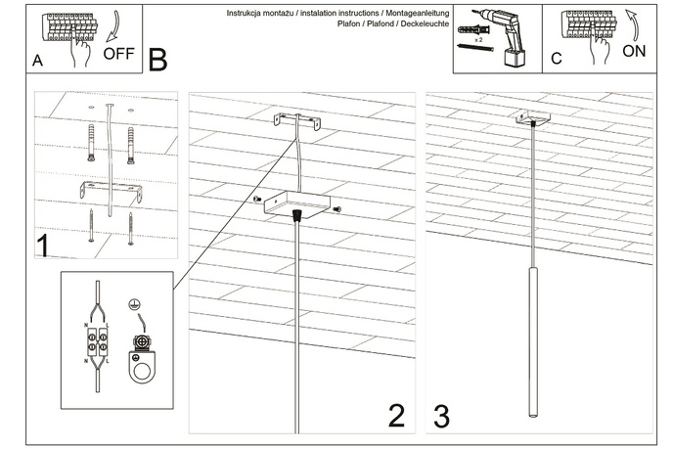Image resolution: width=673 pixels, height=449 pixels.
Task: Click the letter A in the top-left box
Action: click(x=37, y=60)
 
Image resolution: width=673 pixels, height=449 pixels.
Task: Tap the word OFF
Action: click(x=118, y=53)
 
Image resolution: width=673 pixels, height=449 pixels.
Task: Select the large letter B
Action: click(x=157, y=58)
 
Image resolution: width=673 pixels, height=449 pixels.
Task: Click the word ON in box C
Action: click(x=634, y=53)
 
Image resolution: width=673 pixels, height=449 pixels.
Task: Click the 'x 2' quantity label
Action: click(x=478, y=55)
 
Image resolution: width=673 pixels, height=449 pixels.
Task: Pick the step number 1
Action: click(x=44, y=245)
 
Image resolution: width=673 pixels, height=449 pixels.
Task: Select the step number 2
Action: click(x=396, y=416)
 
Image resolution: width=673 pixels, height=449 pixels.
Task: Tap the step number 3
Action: click(x=441, y=416)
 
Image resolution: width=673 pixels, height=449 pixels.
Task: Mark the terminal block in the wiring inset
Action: click(x=98, y=346)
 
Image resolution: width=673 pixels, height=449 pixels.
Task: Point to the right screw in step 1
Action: click(x=130, y=228)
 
